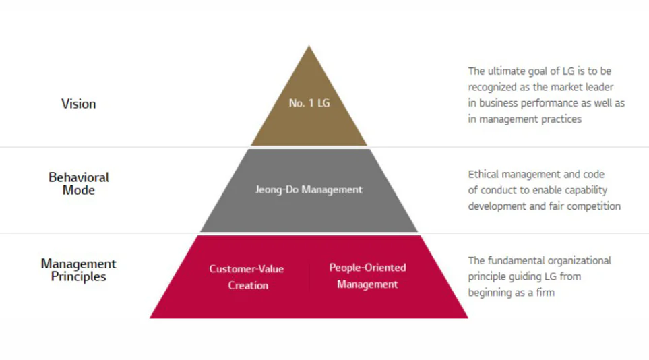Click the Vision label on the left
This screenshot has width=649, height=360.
[x=79, y=104]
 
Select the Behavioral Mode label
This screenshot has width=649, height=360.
[x=79, y=183]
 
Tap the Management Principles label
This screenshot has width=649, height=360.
[x=79, y=270]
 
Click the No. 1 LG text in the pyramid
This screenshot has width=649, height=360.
[x=309, y=102]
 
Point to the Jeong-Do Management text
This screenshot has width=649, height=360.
[x=309, y=189]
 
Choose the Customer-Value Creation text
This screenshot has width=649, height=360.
[x=247, y=276]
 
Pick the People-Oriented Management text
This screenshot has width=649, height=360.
[x=367, y=276]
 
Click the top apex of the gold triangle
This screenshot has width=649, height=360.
[x=309, y=46]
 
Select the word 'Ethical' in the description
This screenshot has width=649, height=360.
[x=483, y=174]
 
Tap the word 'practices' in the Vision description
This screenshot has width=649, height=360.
[x=561, y=119]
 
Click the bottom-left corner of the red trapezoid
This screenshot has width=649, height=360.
[x=150, y=318]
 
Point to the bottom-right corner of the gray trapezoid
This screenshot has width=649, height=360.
[x=418, y=232]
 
